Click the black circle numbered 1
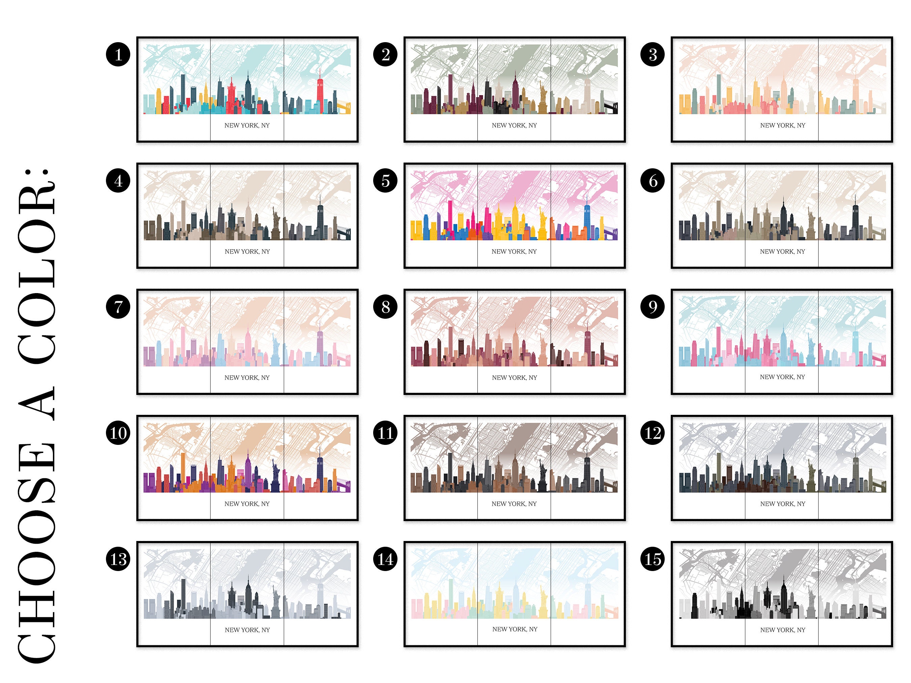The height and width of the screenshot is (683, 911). pos(118,54)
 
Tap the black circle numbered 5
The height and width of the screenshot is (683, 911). pos(385,180)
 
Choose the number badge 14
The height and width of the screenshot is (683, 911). pos(385,559)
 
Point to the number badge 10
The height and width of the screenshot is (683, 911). pos(118,433)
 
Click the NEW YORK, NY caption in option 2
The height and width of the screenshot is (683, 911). pos(515,125)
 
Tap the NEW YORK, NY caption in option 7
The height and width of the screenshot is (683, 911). pos(247,377)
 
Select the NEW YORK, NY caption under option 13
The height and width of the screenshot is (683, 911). pos(247,630)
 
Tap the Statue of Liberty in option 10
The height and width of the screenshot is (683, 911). pos(275,475)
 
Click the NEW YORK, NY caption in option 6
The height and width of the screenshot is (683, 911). pos(782,252)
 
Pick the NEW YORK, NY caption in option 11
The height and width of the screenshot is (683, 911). pos(515,504)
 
